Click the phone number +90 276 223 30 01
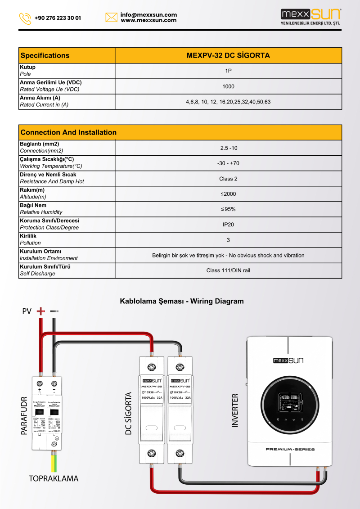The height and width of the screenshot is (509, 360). tap(58, 18)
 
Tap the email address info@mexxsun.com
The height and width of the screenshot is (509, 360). tap(148, 15)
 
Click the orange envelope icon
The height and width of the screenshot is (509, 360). tap(111, 18)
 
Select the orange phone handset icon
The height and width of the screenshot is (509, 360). tap(25, 18)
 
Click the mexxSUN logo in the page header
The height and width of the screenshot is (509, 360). tap(310, 17)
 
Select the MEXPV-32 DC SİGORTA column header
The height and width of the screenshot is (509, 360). tap(228, 55)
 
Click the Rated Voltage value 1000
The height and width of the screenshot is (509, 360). tap(228, 86)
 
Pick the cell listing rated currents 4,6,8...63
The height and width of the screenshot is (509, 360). tap(228, 102)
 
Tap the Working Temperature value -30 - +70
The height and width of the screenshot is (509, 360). tap(228, 163)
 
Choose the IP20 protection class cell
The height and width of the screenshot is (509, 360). tap(228, 225)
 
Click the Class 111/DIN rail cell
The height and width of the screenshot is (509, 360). tap(228, 270)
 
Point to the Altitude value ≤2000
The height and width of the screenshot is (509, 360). tap(228, 194)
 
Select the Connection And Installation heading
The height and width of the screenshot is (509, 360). tap(68, 132)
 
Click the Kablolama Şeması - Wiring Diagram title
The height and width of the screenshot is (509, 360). tap(181, 301)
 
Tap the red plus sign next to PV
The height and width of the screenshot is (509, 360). tap(40, 311)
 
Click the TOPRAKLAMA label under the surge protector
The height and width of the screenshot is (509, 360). tap(54, 479)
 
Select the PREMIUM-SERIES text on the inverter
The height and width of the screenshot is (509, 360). tap(290, 449)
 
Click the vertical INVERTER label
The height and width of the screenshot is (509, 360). tap(235, 410)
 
